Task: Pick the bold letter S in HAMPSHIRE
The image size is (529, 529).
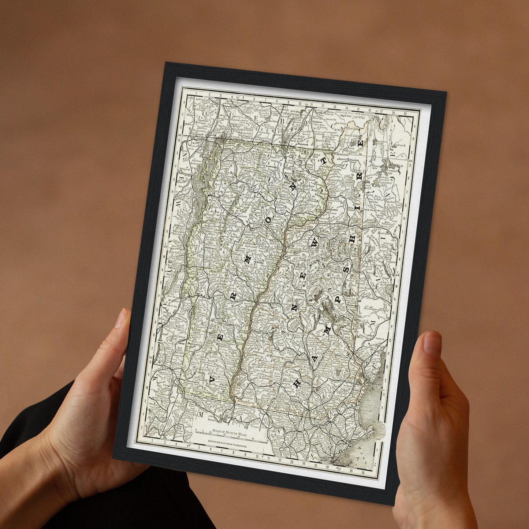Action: [x=346, y=269]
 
